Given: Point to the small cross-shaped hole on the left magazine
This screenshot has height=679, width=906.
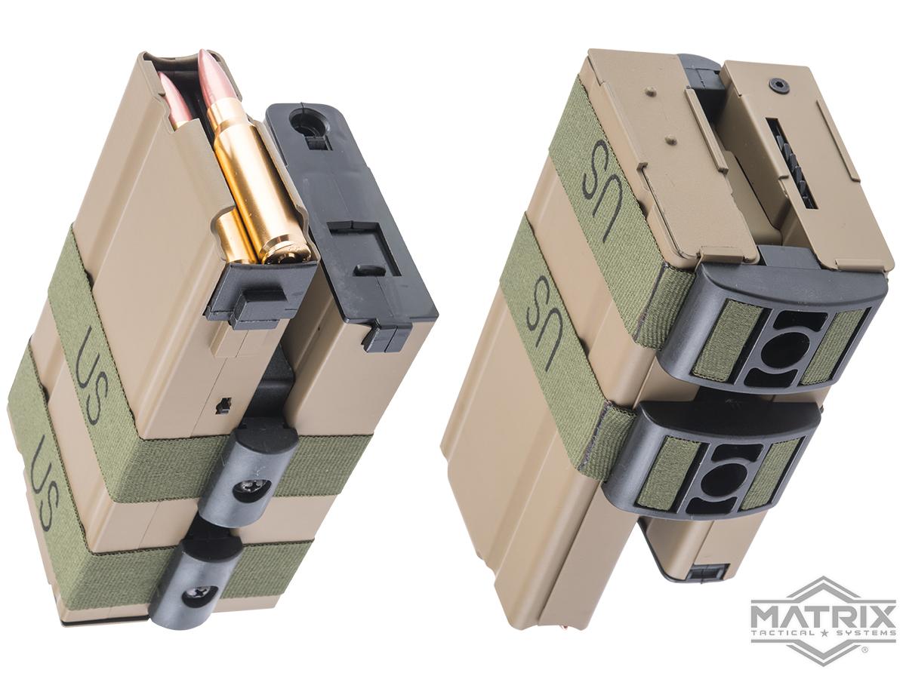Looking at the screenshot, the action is click(224, 405).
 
